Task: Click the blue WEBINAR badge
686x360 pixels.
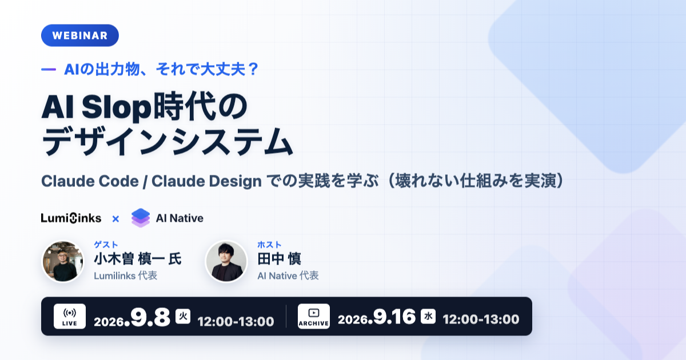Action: point(80,35)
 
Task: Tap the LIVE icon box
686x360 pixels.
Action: point(70,316)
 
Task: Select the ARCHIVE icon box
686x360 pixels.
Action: point(314,316)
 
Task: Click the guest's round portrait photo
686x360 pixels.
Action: point(63,261)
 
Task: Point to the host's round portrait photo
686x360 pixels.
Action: point(226,261)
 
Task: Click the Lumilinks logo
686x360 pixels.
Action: point(71,218)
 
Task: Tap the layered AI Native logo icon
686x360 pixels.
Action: point(141,218)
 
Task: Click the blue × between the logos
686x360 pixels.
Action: point(115,219)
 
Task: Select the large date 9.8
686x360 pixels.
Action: point(150,318)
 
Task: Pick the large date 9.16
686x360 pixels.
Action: point(394,317)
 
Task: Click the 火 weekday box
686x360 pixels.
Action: point(183,316)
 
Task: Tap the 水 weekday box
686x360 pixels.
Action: point(428,316)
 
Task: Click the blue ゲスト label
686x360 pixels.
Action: point(106,245)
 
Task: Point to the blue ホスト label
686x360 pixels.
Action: point(269,245)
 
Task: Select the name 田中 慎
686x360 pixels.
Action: point(280,259)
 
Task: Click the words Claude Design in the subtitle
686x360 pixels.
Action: point(207,181)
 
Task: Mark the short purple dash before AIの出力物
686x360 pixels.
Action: point(49,70)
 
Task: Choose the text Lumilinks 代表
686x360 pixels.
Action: point(126,276)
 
